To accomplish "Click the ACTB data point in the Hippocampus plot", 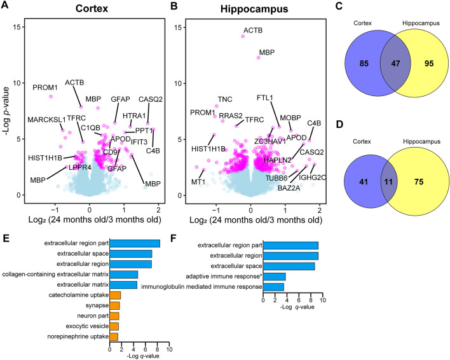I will pyautogui.click(x=243, y=36).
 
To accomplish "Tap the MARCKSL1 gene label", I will pyautogui.click(x=46, y=120).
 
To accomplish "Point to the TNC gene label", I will pyautogui.click(x=225, y=99).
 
